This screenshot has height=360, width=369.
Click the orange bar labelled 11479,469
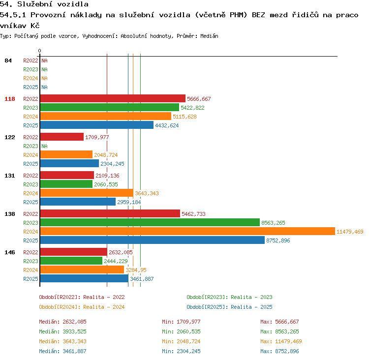coord(187,231)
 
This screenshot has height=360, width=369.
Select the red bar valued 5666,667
coord(113,98)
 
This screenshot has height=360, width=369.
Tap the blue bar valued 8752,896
coord(153,240)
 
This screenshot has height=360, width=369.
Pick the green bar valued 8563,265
coord(150,223)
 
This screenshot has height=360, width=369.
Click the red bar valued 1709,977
coord(62,137)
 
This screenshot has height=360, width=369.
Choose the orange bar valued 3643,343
coord(87,193)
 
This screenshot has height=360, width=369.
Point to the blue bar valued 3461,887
coord(84,278)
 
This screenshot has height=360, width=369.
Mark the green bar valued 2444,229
coord(71,261)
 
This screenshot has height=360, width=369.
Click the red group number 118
coord(10,99)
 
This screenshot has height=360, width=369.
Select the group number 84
coord(8,60)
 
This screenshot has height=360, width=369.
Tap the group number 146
coord(10,252)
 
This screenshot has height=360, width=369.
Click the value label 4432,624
coord(167,125)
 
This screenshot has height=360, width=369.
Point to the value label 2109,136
coord(107,176)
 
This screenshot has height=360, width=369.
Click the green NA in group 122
coord(44,146)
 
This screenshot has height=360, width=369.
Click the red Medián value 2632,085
coord(74,322)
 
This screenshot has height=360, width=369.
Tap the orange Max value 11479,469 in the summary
coord(288,341)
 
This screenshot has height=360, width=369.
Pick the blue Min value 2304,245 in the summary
coord(188,351)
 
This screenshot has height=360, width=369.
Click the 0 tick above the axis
coord(39,51)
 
